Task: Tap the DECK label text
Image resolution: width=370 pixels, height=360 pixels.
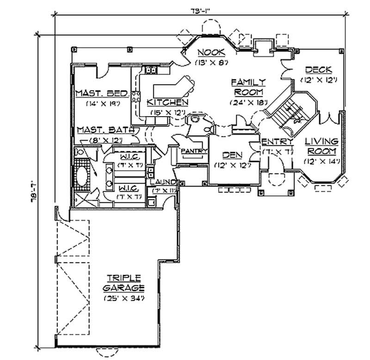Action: (x=318, y=70)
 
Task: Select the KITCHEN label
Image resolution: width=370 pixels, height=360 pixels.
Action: (x=167, y=102)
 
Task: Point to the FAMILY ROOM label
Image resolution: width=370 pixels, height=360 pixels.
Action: (x=248, y=87)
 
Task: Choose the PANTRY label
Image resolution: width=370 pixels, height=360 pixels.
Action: (x=193, y=151)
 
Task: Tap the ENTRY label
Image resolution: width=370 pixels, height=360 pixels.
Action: (x=277, y=142)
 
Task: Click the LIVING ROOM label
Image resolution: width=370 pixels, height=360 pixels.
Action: (x=323, y=146)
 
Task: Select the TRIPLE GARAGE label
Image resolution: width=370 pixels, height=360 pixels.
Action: (x=123, y=282)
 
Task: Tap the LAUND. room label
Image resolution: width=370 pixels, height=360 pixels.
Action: (x=162, y=182)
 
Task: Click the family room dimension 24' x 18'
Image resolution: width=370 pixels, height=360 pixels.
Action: (x=248, y=103)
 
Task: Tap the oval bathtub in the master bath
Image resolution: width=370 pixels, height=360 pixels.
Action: (x=81, y=178)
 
